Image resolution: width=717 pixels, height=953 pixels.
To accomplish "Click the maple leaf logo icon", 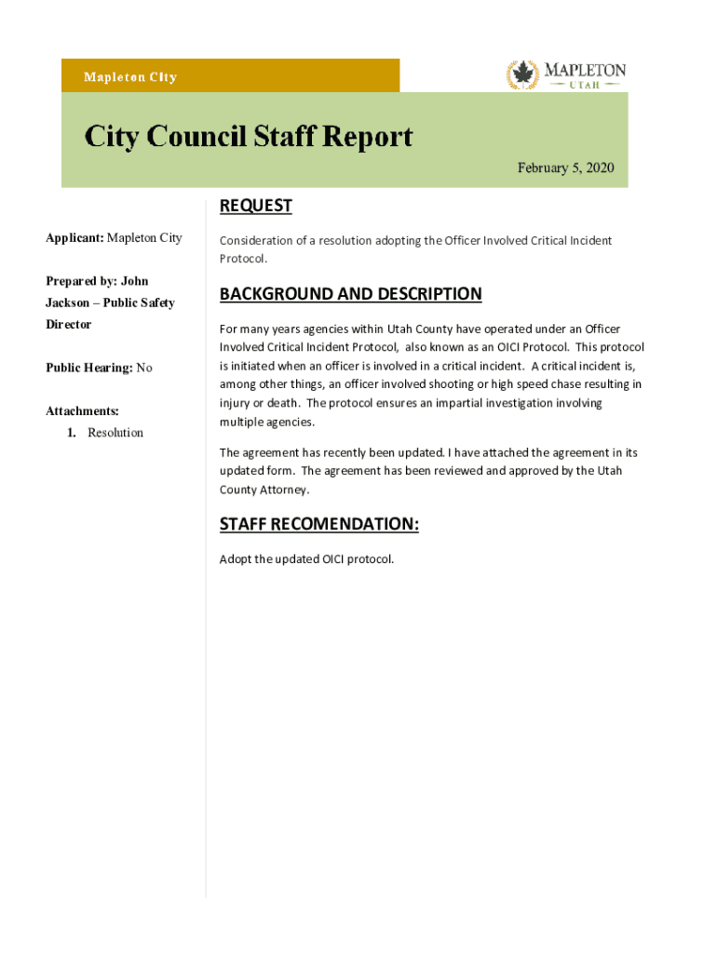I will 522,74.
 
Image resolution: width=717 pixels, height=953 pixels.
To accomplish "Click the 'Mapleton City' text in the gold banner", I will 130,77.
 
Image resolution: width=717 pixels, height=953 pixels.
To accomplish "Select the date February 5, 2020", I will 566,168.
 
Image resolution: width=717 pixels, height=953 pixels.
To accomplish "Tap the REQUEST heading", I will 255,206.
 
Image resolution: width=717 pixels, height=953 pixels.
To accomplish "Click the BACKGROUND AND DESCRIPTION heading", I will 350,294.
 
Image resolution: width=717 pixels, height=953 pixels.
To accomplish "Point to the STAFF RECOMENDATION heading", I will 318,525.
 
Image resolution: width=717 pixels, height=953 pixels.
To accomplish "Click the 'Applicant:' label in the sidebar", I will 74,238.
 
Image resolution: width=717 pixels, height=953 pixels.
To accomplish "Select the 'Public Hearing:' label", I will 89,368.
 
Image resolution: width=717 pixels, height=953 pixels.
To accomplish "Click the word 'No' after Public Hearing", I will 144,368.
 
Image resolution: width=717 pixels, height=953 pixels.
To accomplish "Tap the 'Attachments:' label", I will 82,410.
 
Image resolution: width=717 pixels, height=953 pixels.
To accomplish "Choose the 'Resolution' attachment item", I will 115,433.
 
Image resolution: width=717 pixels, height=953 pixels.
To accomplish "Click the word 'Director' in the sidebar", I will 69,325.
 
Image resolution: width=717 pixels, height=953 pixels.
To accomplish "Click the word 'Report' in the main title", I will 367,137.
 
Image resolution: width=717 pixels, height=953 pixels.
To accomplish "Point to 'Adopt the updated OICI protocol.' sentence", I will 306,559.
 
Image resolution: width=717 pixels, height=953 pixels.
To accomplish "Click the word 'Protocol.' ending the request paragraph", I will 243,259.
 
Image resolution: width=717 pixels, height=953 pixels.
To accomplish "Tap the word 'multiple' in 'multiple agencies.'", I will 241,422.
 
